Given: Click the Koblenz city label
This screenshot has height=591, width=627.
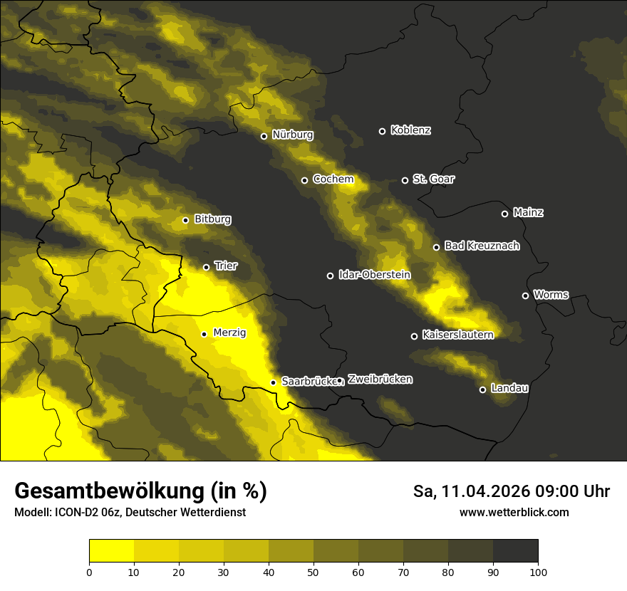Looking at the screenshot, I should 410,130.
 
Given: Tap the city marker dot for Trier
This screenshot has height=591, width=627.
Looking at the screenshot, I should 207,267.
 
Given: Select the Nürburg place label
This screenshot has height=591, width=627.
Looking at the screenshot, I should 292,135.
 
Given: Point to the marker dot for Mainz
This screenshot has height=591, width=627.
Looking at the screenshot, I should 504,214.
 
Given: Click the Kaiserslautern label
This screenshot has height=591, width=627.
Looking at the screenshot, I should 457,335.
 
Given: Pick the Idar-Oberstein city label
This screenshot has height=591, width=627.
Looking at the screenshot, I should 374,275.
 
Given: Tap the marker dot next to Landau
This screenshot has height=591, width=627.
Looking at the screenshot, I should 482,389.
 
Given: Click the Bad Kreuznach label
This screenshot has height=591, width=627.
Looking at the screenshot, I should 482,246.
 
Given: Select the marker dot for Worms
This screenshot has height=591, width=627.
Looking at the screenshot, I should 525,295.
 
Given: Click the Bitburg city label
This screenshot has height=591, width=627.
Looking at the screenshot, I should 212,219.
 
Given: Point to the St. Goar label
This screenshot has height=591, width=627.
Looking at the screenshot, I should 433,179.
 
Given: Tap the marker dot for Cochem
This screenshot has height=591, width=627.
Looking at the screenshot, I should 304,180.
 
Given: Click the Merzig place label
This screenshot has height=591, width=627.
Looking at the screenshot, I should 229,333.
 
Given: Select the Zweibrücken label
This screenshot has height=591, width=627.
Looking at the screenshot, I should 380,380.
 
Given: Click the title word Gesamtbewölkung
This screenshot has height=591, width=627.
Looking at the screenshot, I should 108,491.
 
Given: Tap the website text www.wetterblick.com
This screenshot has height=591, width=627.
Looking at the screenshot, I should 514,512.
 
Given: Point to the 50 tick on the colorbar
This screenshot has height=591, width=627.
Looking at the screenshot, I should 313,572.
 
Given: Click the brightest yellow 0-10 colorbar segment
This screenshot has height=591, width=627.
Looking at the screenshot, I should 111,550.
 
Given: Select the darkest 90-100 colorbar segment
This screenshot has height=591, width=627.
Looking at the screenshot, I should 515,550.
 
